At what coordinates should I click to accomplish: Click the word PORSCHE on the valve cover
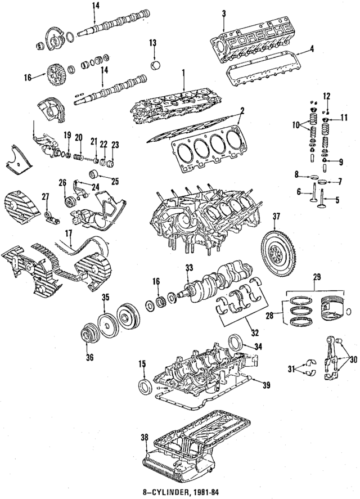[264, 37]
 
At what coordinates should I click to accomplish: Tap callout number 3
[223, 14]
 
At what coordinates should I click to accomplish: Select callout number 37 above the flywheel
[276, 217]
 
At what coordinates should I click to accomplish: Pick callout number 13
[152, 43]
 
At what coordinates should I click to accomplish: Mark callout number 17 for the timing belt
[68, 232]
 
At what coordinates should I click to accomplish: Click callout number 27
[45, 196]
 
